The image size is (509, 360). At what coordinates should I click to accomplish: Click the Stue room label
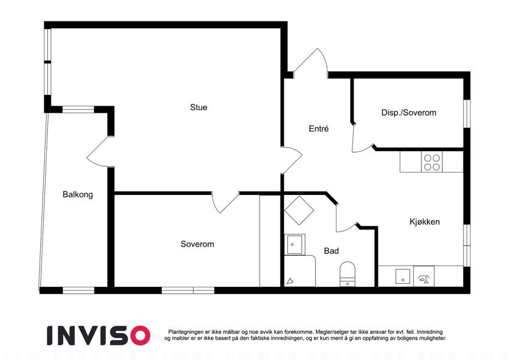pyautogui.click(x=198, y=107)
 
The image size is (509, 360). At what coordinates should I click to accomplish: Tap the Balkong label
pyautogui.click(x=77, y=194)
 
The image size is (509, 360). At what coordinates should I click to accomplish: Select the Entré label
pyautogui.click(x=318, y=128)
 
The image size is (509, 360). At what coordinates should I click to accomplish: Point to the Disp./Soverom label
pyautogui.click(x=409, y=113)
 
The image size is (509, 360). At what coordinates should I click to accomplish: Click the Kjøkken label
pyautogui.click(x=424, y=222)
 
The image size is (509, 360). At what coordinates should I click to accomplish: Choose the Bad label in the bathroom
pyautogui.click(x=331, y=251)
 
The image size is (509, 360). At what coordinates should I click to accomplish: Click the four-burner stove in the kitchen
pyautogui.click(x=432, y=162)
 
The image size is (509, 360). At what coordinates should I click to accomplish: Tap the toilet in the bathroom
pyautogui.click(x=347, y=274)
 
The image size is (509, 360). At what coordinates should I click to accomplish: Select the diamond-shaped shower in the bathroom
pyautogui.click(x=299, y=210)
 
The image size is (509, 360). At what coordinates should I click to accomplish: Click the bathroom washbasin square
pyautogui.click(x=295, y=244)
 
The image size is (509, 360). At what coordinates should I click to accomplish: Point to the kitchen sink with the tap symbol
pyautogui.click(x=424, y=276)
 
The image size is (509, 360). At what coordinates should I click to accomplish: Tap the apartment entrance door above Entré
pyautogui.click(x=311, y=64)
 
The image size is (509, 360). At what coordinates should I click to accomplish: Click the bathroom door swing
pyautogui.click(x=346, y=217)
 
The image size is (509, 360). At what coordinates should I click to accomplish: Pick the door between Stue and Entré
pyautogui.click(x=291, y=160)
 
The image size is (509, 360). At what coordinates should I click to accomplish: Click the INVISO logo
pyautogui.click(x=99, y=335)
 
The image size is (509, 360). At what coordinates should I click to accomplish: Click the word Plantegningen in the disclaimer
pyautogui.click(x=186, y=332)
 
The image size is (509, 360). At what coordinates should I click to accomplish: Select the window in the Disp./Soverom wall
pyautogui.click(x=466, y=113)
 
